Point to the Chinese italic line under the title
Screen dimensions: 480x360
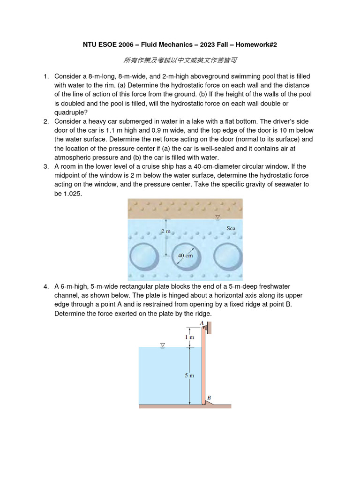[x=180, y=60]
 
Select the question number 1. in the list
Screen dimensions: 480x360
[x=46, y=76]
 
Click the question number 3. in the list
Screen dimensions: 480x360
[x=46, y=166]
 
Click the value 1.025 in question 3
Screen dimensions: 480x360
[x=72, y=193]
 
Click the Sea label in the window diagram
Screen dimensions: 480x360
[x=231, y=228]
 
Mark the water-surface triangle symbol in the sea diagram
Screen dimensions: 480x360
[x=217, y=217]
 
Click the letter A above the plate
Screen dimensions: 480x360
[x=202, y=323]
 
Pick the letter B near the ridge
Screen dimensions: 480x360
[x=209, y=397]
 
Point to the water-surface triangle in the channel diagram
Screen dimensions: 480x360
[x=163, y=345]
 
